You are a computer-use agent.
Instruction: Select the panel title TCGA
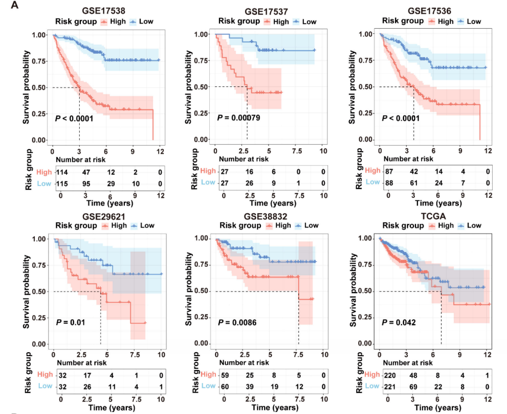(433, 216)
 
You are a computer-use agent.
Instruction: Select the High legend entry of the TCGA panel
(440, 225)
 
